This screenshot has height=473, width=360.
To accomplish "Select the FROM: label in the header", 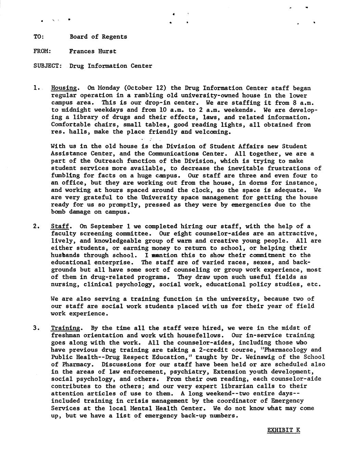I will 42,51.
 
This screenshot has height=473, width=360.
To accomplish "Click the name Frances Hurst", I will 92,51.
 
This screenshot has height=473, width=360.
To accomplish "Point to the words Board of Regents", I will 98,37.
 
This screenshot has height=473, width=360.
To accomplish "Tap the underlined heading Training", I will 65,328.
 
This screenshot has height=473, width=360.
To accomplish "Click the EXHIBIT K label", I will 283,430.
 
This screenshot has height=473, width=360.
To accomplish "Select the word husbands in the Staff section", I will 66,255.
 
